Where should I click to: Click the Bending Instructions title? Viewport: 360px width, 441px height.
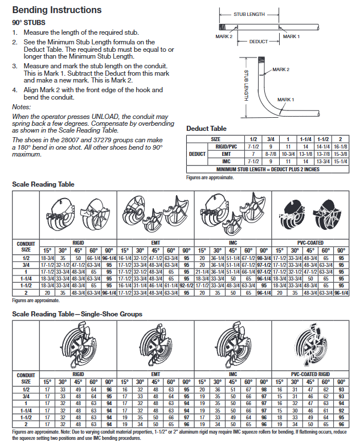57,10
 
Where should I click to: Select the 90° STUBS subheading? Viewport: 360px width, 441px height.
31,22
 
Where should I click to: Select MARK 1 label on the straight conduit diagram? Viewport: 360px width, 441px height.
291,36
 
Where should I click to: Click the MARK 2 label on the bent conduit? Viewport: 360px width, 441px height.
281,69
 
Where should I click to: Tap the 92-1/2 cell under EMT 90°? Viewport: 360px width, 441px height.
187,285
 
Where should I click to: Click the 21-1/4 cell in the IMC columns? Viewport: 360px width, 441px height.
202,271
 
